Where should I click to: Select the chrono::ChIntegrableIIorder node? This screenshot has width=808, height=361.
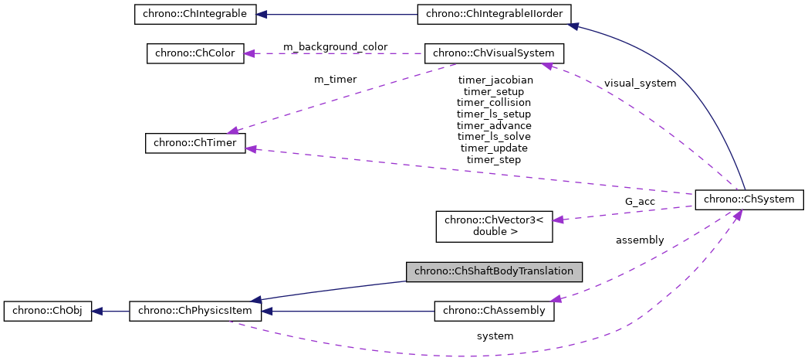tap(495, 14)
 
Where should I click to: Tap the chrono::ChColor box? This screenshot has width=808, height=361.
tap(195, 53)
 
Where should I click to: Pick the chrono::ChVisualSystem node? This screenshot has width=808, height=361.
tap(495, 53)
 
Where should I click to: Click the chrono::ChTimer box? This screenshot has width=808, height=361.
tap(195, 143)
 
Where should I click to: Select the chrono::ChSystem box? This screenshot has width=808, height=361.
tap(749, 199)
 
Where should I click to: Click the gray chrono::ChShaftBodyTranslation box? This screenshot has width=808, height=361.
tap(494, 271)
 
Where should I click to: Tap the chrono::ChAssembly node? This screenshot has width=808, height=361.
tap(494, 311)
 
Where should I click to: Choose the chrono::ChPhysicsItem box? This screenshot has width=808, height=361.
tap(195, 311)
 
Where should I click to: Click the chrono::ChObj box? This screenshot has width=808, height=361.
tap(48, 311)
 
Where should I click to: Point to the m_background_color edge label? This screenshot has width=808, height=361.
tap(335, 47)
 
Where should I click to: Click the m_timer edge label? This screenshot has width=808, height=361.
tap(335, 79)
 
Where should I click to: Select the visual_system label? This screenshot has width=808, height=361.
tap(640, 83)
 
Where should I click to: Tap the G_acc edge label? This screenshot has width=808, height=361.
tap(640, 202)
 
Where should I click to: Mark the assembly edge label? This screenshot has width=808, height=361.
tap(640, 240)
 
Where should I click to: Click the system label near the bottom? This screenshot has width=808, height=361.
tap(495, 335)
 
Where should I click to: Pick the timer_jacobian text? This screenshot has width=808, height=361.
tap(494, 80)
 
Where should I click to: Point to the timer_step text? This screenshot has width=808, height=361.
tap(494, 159)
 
